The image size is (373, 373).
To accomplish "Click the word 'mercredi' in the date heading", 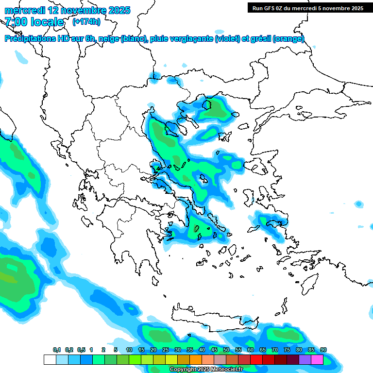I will [x=24, y=10].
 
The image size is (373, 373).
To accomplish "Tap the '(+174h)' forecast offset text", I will [x=86, y=21].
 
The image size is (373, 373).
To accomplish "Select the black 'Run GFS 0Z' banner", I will [x=307, y=8].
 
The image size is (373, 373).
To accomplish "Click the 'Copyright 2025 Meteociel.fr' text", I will [x=206, y=370].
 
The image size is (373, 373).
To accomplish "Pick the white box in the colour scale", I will [x=50, y=359].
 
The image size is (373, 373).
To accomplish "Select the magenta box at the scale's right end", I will [x=317, y=359].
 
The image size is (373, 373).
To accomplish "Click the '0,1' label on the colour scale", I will [x=56, y=350].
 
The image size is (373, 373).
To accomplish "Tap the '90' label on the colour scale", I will [x=323, y=350].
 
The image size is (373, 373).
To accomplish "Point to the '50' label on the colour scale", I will [x=226, y=350].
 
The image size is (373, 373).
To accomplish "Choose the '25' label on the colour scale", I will [x=166, y=350].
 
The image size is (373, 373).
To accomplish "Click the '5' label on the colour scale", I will [x=116, y=350].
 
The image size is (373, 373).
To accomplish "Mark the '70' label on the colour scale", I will [x=275, y=350].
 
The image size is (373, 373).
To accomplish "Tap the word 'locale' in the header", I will [x=47, y=22].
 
